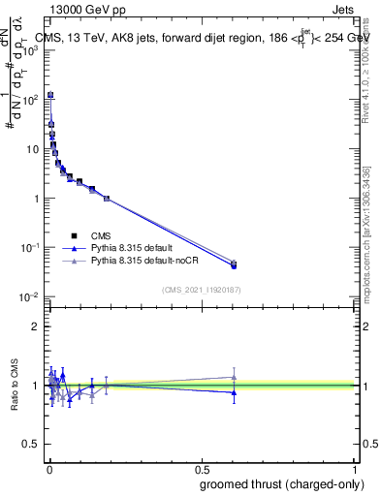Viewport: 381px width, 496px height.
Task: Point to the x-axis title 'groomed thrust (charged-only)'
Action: tap(277, 483)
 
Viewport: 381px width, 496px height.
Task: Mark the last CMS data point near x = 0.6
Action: tap(233, 264)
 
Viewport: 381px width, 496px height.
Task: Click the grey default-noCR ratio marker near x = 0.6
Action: tap(233, 377)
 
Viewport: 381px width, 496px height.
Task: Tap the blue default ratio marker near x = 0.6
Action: tap(233, 392)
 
